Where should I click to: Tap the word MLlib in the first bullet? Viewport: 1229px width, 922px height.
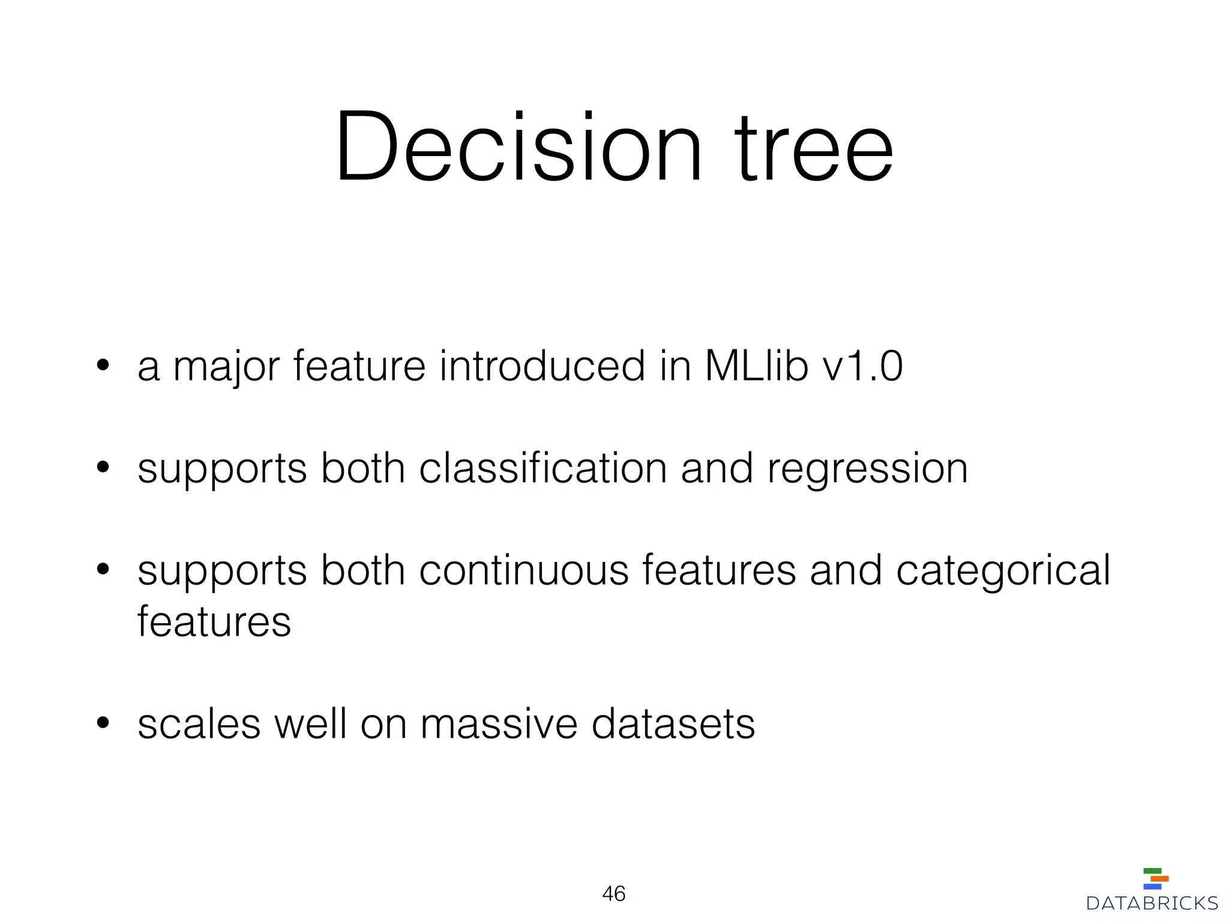pos(756,366)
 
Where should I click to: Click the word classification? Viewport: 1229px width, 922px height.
pos(542,468)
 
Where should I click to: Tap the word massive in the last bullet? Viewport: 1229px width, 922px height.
pos(499,724)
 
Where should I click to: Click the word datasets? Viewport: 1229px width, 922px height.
pos(673,724)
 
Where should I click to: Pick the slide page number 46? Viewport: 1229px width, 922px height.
pos(613,894)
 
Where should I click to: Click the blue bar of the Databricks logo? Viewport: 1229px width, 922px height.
pos(1152,887)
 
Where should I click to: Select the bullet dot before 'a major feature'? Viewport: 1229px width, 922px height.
pos(103,366)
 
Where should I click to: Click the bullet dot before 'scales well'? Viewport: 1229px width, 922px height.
pos(103,723)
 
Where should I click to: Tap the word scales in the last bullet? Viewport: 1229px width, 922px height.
pos(199,724)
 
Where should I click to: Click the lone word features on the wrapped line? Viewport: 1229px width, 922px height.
pos(214,622)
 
